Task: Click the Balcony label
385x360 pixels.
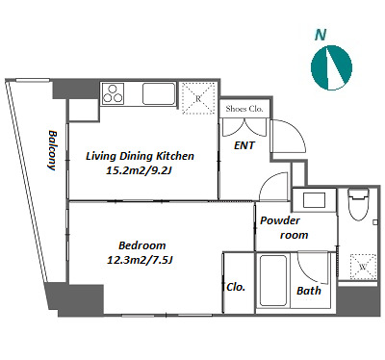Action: tap(52, 150)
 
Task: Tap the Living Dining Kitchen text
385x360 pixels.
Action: tap(140, 156)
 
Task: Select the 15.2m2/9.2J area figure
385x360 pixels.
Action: tap(139, 170)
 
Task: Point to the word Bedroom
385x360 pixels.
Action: tap(142, 245)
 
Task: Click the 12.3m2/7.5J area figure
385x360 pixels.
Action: tap(140, 260)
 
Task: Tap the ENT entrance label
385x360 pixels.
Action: tap(244, 145)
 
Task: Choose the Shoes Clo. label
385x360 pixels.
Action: tap(244, 109)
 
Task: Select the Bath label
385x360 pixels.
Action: tap(309, 291)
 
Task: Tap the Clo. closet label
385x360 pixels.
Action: tap(236, 287)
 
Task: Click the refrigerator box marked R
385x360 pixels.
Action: tap(198, 98)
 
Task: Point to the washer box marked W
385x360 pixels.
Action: tap(363, 267)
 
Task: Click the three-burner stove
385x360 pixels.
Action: tap(113, 93)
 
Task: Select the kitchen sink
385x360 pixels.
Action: tap(159, 93)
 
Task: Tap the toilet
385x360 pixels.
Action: tap(359, 204)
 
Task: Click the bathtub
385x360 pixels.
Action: tap(273, 280)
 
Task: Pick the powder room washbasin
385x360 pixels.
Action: tap(315, 200)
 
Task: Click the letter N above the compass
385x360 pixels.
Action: tap(321, 35)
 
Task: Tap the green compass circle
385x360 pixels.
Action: tap(331, 67)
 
